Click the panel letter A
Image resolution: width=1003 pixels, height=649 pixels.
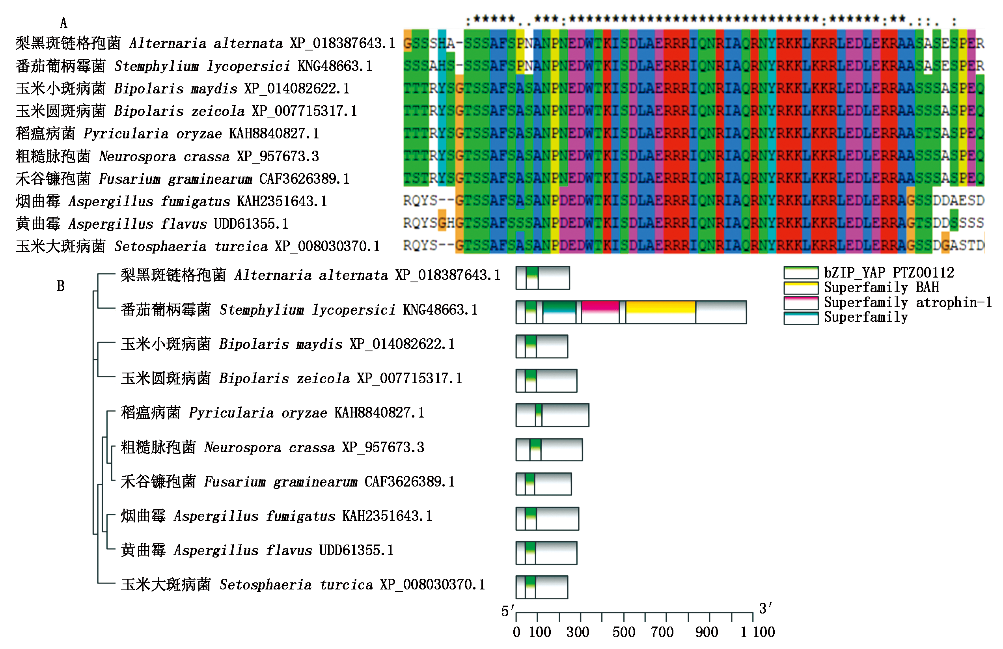(63, 23)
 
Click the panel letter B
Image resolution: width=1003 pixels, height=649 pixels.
(61, 286)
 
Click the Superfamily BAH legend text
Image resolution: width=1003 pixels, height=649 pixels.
(881, 287)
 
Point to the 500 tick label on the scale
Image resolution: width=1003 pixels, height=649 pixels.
(624, 632)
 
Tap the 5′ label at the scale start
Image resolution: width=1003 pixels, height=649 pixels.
(507, 611)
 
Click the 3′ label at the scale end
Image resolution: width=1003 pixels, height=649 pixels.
(765, 608)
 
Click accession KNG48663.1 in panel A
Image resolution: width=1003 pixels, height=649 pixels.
(335, 66)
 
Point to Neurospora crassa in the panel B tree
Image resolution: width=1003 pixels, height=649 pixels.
(242, 447)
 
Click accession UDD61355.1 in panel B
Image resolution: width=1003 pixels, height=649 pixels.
(356, 550)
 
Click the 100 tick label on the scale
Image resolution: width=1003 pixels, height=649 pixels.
(540, 632)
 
